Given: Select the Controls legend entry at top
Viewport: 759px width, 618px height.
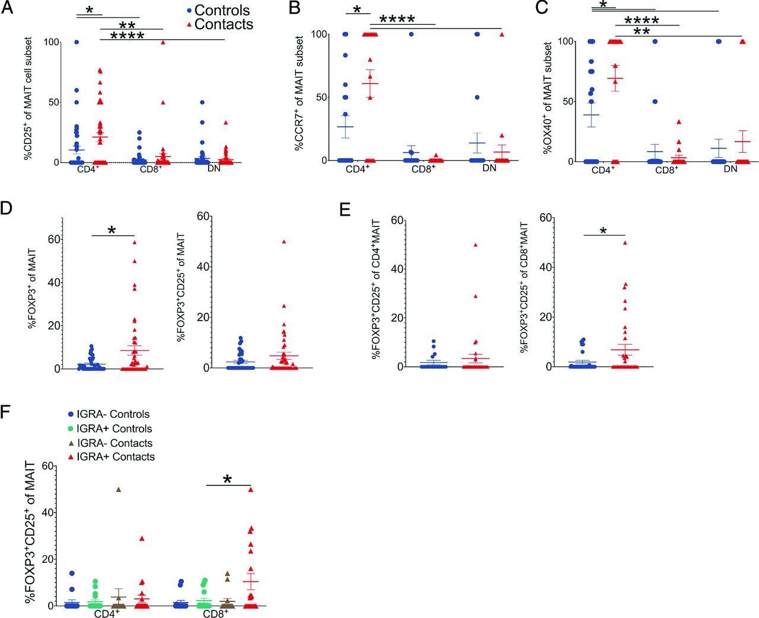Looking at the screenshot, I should tap(217, 10).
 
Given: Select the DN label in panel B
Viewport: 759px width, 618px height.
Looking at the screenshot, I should tap(489, 168).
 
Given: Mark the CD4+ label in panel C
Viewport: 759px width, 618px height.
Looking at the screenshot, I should tap(603, 169).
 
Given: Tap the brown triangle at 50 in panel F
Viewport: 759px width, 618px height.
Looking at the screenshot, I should tap(118, 489).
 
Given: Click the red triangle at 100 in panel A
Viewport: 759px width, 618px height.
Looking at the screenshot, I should tap(162, 42).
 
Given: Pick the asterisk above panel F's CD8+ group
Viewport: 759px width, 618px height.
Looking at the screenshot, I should tap(228, 479).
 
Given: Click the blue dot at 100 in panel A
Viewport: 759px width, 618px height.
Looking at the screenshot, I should tap(76, 42).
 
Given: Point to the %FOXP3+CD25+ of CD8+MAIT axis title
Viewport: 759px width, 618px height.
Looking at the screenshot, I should tap(525, 288).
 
